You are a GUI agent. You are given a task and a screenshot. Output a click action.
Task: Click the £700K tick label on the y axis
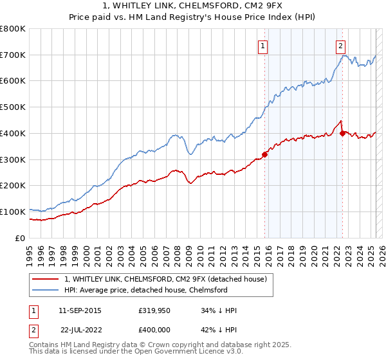tap(13, 55)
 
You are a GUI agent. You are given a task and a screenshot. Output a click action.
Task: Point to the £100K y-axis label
tap(13, 212)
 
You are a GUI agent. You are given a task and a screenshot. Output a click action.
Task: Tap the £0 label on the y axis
tap(21, 238)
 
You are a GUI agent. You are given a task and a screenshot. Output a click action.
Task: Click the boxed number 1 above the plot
tap(264, 45)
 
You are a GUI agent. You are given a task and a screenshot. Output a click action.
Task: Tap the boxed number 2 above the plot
tap(340, 45)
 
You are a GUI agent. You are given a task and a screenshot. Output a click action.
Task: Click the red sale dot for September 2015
tap(264, 154)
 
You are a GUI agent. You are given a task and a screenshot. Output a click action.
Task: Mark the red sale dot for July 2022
tap(342, 133)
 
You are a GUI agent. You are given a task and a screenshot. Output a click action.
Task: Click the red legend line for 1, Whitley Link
tap(46, 279)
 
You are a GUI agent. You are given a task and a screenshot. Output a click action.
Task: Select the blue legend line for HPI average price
tap(46, 290)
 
